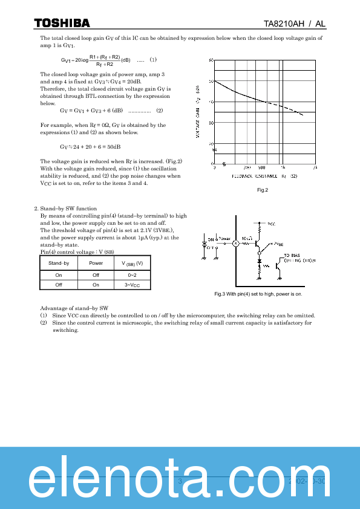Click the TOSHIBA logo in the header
tap(61, 24)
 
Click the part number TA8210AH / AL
tap(295, 24)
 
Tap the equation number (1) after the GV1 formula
tap(153, 60)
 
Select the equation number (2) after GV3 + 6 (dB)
tap(159, 111)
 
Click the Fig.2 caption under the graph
tap(263, 190)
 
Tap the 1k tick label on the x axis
tap(282, 167)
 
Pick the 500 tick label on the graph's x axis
tap(261, 167)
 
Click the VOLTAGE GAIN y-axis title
tap(198, 112)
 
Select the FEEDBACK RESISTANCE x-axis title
tap(264, 176)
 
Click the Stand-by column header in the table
tap(59, 263)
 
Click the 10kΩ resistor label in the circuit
tap(247, 238)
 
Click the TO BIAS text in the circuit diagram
tap(292, 256)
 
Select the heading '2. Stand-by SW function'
tap(66, 209)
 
